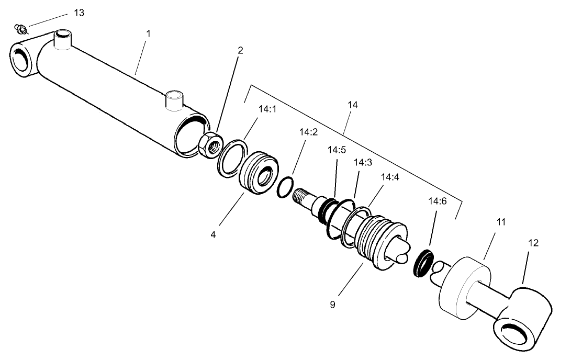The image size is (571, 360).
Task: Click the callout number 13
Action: [x=79, y=13]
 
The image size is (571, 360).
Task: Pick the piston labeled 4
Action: [x=258, y=173]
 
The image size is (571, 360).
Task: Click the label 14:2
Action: [x=308, y=132]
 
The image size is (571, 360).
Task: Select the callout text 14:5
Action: [x=337, y=150]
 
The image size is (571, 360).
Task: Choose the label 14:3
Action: [x=363, y=162]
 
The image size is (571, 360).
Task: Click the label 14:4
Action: [x=390, y=177]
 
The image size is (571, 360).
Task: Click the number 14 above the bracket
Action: [x=352, y=105]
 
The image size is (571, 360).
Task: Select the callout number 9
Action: [x=332, y=304]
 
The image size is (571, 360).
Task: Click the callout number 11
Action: [x=501, y=222]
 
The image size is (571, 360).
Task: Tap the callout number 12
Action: [x=533, y=243]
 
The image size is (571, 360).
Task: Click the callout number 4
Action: [x=213, y=235]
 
